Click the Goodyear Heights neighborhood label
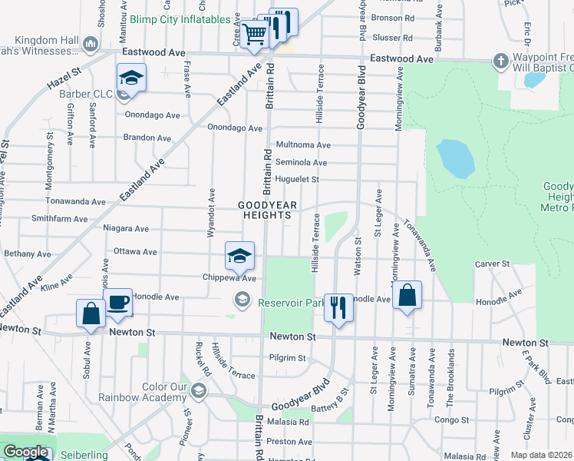[265, 211]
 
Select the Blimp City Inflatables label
[180, 19]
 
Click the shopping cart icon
[253, 33]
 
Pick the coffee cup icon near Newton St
[117, 303]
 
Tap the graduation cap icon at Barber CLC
[131, 78]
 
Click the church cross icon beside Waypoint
[500, 61]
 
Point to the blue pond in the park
[454, 158]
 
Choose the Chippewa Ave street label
[227, 277]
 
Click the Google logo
[25, 452]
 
